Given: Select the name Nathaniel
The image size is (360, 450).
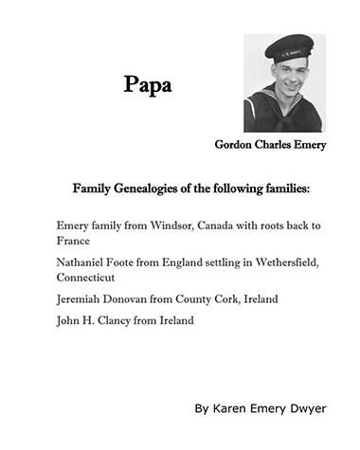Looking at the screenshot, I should point(84,262).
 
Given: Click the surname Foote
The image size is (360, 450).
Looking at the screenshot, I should point(135,262).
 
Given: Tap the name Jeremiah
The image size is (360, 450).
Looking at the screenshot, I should point(81,299).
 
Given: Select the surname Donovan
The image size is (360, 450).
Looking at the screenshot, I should point(135,299).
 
